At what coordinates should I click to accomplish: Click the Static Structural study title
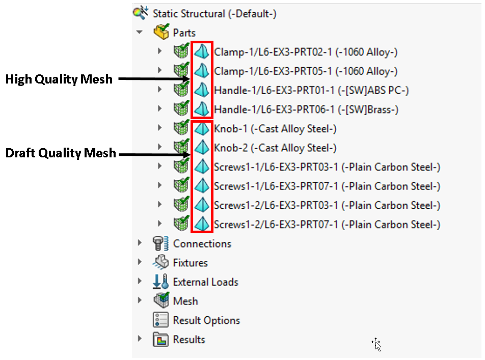[x=214, y=14]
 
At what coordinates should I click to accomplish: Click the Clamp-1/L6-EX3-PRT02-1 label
[x=306, y=52]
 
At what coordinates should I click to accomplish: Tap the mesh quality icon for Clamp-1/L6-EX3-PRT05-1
[x=202, y=71]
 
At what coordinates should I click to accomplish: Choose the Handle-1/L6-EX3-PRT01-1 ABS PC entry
[x=311, y=90]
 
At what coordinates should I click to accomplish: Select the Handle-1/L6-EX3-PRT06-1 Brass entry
[x=306, y=109]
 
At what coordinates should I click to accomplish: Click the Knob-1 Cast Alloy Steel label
[x=275, y=129]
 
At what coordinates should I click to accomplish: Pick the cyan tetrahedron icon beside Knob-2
[x=202, y=148]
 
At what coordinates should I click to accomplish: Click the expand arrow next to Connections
[x=140, y=243]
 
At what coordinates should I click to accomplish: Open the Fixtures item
[x=190, y=263]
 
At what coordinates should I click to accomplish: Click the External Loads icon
[x=161, y=282]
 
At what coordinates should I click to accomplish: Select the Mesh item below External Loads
[x=185, y=301]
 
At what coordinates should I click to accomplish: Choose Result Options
[x=206, y=320]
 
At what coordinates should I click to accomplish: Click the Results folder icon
[x=161, y=340]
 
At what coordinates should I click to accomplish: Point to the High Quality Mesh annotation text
[x=59, y=79]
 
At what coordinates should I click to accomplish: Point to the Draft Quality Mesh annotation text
[x=61, y=153]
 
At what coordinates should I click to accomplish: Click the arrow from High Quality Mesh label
[x=153, y=79]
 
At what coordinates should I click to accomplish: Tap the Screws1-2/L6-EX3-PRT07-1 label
[x=327, y=225]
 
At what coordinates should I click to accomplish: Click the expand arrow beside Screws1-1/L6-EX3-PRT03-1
[x=159, y=167]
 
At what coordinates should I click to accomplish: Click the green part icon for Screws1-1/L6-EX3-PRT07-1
[x=180, y=186]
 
